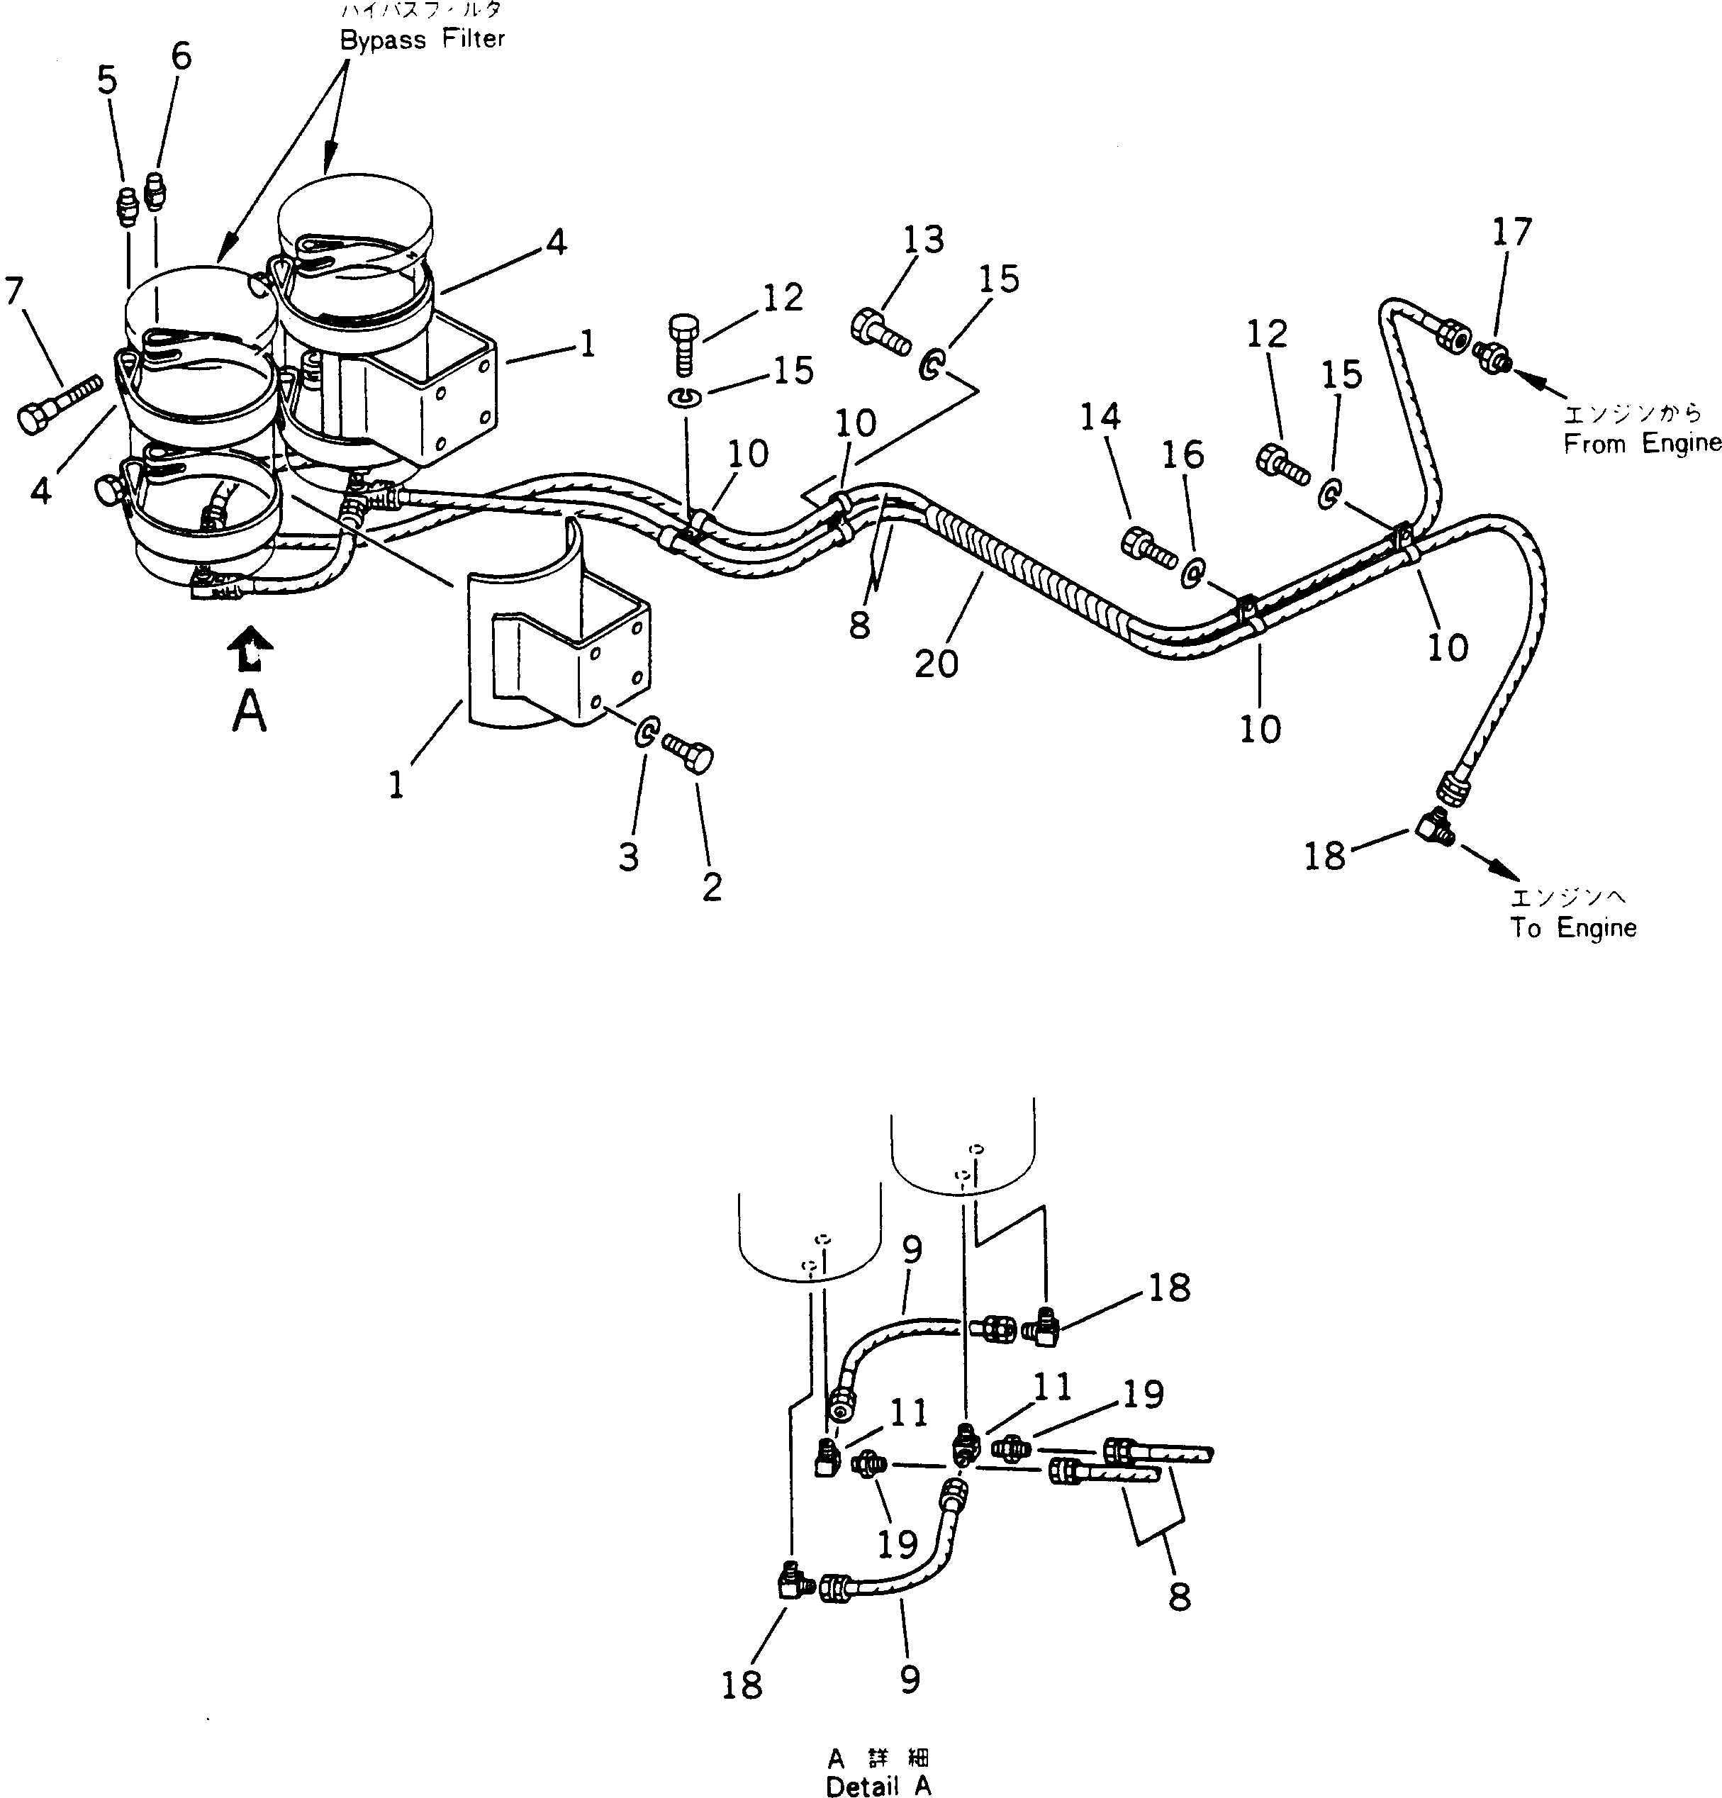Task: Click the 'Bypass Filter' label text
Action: click(422, 40)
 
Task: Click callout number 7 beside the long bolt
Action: click(13, 291)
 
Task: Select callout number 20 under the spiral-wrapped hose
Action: click(936, 663)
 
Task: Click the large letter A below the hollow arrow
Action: click(249, 711)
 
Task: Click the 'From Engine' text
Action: click(1642, 444)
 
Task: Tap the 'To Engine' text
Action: click(1573, 927)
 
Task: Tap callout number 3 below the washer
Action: click(627, 856)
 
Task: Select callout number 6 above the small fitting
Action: click(181, 57)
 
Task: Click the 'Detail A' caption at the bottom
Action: click(878, 1785)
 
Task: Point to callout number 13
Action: click(923, 240)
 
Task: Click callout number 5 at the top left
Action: click(107, 81)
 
